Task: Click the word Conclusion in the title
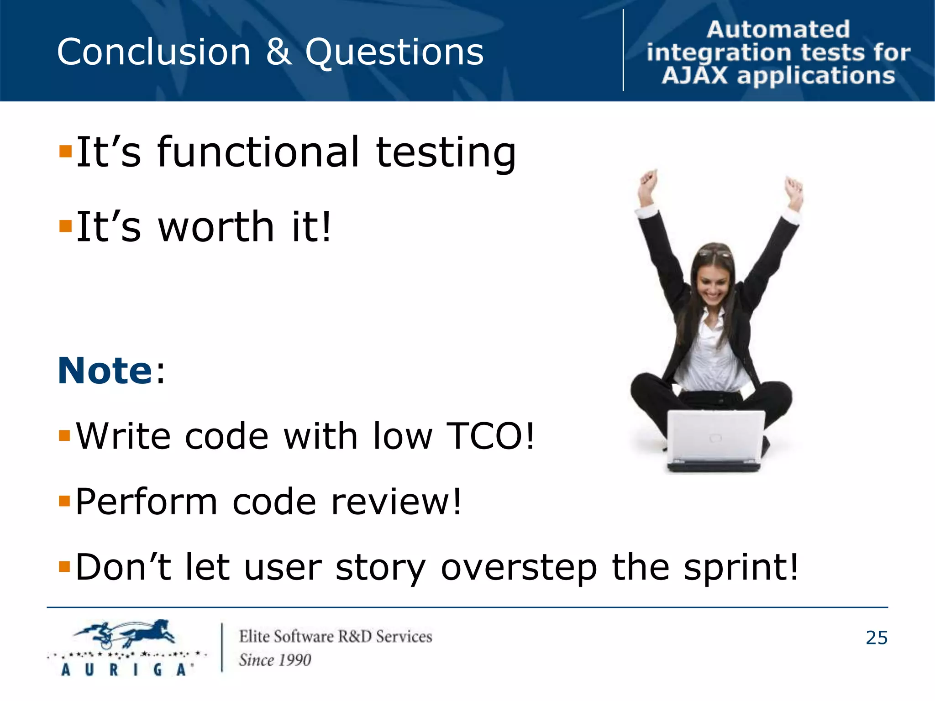coord(153,52)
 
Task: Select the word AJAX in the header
coord(694,76)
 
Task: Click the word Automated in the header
coord(778,30)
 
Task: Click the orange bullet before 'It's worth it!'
coord(65,226)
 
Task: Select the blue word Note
coord(105,371)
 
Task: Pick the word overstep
coord(519,567)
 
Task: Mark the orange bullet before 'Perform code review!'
coord(65,501)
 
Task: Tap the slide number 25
coord(876,638)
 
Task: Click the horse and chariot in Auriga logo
coord(126,633)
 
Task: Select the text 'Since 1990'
coord(275,660)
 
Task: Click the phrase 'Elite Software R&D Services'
coord(336,637)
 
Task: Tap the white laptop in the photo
coord(715,438)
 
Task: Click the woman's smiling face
coord(714,281)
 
